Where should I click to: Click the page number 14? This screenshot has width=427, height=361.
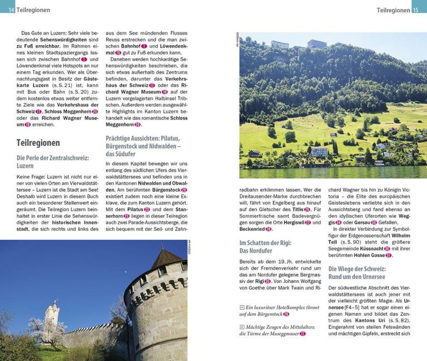click(11, 10)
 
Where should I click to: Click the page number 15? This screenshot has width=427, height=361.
click(416, 10)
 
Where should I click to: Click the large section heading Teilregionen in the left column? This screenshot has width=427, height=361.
click(38, 143)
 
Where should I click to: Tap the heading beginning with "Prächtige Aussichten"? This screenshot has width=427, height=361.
click(143, 145)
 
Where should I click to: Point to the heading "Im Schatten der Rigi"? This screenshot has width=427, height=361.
click(265, 247)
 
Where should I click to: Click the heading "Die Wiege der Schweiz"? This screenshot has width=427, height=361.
click(357, 272)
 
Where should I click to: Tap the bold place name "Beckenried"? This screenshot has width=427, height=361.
click(252, 230)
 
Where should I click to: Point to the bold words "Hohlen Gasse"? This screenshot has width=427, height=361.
click(369, 255)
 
